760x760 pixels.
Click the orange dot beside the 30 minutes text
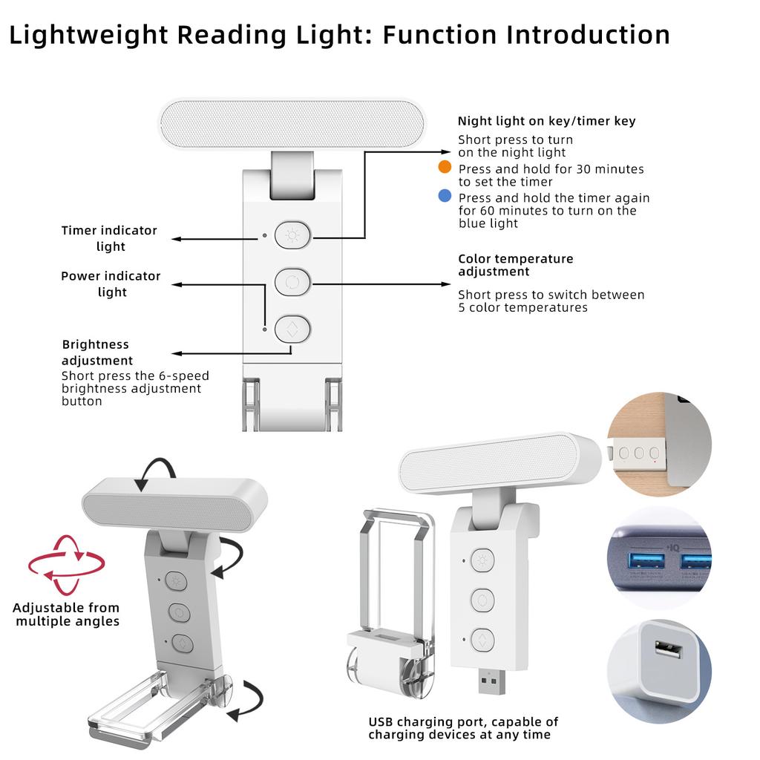pyautogui.click(x=445, y=167)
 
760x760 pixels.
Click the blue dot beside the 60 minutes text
pyautogui.click(x=445, y=196)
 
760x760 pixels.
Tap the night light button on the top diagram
pyautogui.click(x=292, y=237)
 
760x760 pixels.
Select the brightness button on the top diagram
pyautogui.click(x=292, y=328)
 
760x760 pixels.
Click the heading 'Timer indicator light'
pyautogui.click(x=110, y=238)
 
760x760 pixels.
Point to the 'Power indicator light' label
pyautogui.click(x=111, y=284)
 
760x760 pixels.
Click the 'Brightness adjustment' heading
pyautogui.click(x=96, y=353)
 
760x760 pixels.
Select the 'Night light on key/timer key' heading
pyautogui.click(x=546, y=121)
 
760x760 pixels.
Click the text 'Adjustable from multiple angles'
pyautogui.click(x=67, y=615)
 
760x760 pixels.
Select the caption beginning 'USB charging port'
pyautogui.click(x=463, y=727)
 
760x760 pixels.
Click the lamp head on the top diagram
pyautogui.click(x=292, y=124)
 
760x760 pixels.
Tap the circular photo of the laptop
pyautogui.click(x=658, y=445)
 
